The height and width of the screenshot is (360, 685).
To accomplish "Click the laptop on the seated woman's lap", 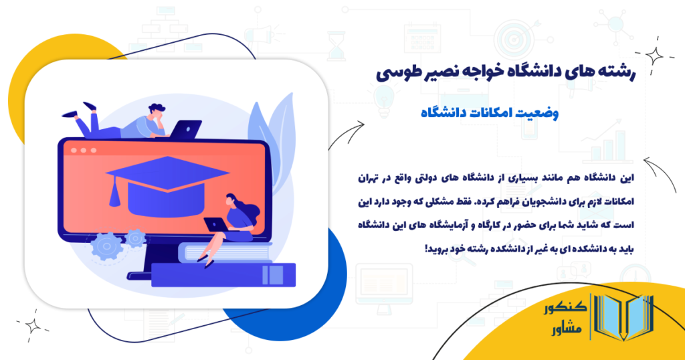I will [x=215, y=226].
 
